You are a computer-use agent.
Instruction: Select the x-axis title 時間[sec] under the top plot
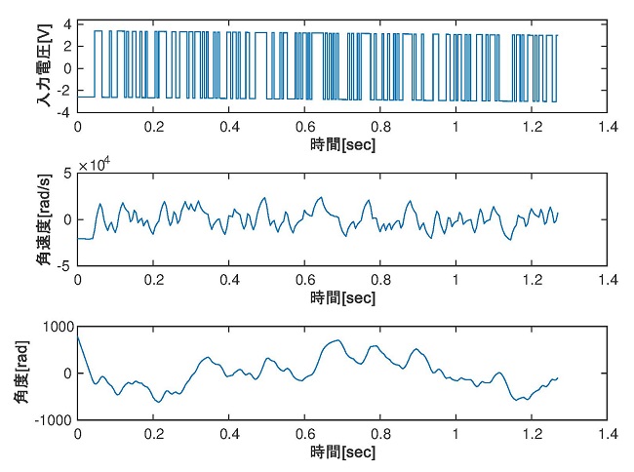342,143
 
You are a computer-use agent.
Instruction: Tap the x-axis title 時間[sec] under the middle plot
342,296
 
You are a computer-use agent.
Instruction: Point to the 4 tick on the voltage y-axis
68,22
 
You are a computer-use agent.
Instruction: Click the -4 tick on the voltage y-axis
65,113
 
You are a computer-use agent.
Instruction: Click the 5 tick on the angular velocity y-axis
68,174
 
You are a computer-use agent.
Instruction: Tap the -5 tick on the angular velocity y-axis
65,265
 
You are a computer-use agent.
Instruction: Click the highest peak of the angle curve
337,340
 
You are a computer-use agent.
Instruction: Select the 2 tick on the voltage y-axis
68,45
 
